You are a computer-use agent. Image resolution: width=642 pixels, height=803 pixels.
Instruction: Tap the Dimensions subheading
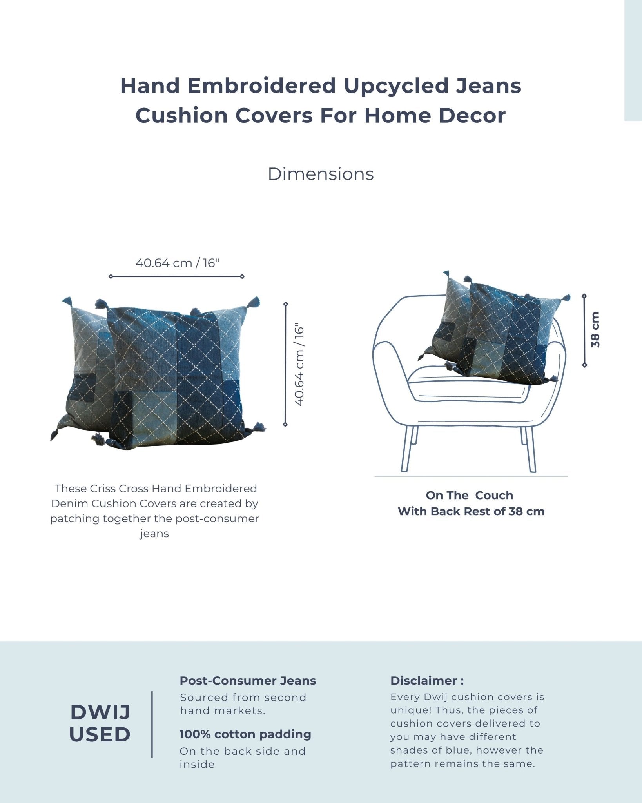pyautogui.click(x=321, y=174)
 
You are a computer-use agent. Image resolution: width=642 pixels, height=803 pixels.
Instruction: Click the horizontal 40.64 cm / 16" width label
pyautogui.click(x=177, y=263)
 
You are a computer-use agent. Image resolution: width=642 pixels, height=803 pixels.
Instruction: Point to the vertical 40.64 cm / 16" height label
pyautogui.click(x=299, y=365)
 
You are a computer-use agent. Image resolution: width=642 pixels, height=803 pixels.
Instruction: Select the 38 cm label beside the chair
pyautogui.click(x=595, y=330)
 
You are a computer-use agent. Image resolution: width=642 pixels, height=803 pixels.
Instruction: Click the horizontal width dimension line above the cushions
pyautogui.click(x=176, y=276)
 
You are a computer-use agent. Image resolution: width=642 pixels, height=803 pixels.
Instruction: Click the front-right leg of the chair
pyautogui.click(x=529, y=449)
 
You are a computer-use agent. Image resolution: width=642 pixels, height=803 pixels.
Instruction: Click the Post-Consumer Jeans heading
pyautogui.click(x=248, y=680)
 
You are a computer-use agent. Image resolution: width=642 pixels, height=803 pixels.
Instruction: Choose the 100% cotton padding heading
pyautogui.click(x=245, y=734)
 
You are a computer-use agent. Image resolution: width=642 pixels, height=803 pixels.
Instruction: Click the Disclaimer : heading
pyautogui.click(x=427, y=680)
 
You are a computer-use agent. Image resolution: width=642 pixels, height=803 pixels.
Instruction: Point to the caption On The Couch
pyautogui.click(x=470, y=495)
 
